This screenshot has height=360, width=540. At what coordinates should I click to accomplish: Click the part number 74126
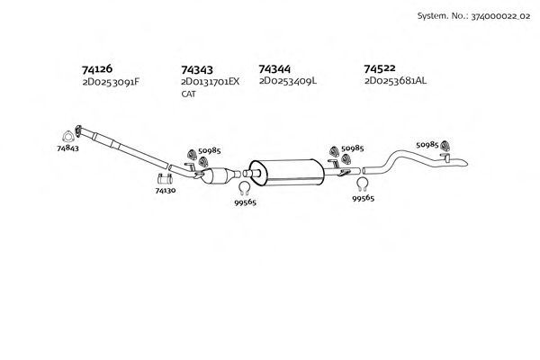click(97, 68)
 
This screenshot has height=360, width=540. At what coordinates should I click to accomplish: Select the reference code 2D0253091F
click(110, 81)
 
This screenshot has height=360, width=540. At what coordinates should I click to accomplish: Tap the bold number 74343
click(197, 68)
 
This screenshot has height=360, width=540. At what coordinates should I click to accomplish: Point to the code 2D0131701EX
click(211, 81)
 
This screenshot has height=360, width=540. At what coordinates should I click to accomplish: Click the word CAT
click(188, 94)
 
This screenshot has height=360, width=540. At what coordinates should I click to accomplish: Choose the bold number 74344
click(274, 68)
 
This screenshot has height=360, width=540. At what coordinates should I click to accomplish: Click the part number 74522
click(380, 68)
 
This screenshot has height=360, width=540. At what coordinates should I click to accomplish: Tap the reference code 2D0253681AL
click(396, 81)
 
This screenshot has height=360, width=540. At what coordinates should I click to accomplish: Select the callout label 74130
click(166, 191)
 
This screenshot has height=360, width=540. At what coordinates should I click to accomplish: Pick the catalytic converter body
click(220, 172)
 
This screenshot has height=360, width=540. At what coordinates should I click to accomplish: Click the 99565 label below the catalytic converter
click(246, 202)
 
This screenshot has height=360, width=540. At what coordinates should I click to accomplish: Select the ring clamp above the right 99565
click(363, 185)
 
